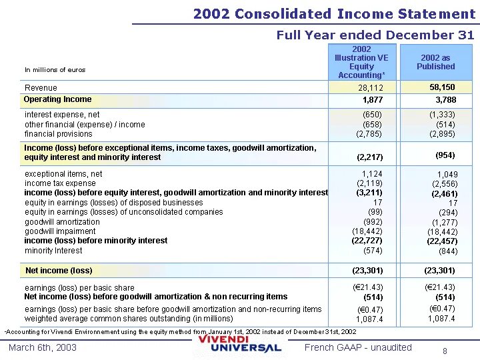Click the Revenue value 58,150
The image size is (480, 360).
click(x=442, y=87)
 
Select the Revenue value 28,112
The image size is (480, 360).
click(x=371, y=88)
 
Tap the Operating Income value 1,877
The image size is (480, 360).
click(x=373, y=100)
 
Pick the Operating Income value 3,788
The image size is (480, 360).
click(x=446, y=100)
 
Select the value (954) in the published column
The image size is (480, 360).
click(x=445, y=155)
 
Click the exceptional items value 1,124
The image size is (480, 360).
click(x=372, y=174)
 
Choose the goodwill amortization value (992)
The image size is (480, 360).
click(x=373, y=221)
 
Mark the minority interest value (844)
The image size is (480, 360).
click(x=448, y=251)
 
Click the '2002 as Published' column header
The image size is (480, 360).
click(x=435, y=62)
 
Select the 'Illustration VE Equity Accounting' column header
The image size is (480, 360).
click(x=361, y=62)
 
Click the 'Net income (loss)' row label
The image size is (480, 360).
click(x=59, y=271)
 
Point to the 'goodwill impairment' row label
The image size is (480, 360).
click(x=60, y=231)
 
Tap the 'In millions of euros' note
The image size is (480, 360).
click(x=55, y=70)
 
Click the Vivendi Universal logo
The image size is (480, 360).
click(x=240, y=344)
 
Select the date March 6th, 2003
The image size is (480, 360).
click(x=43, y=347)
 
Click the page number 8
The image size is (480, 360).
click(x=445, y=351)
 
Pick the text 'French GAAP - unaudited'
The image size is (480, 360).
click(x=358, y=347)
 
